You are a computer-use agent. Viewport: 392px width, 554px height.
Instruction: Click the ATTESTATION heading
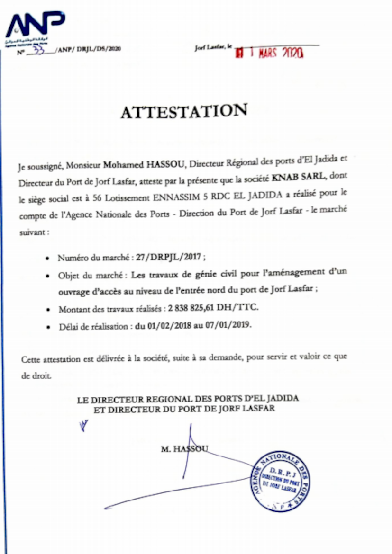[183, 112]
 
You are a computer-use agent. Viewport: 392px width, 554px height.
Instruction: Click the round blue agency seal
[281, 482]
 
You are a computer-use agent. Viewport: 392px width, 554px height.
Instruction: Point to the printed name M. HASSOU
[184, 449]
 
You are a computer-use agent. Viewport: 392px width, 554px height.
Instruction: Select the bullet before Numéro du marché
[48, 259]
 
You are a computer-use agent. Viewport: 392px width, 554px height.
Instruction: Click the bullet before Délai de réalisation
[48, 326]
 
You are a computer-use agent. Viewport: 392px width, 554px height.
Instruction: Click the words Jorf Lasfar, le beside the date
[213, 47]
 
